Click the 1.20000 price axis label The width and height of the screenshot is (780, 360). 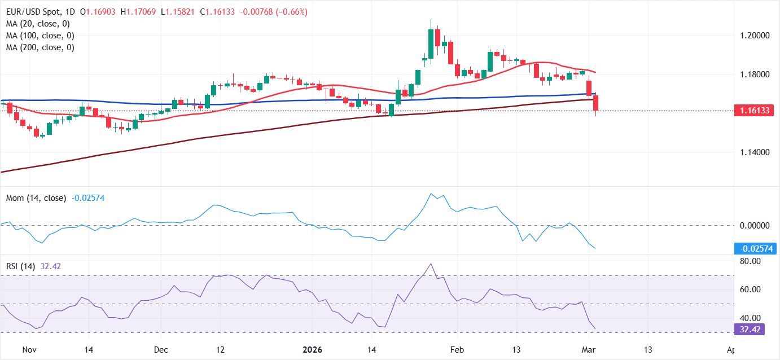coord(754,35)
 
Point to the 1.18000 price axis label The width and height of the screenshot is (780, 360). coord(754,74)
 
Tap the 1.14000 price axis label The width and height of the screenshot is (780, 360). coord(754,152)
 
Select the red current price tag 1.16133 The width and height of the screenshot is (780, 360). coord(756,111)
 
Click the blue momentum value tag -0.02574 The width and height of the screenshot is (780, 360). coord(756,248)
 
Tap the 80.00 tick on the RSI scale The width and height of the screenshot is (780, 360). coord(750,261)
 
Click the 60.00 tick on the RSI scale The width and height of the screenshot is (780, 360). coord(750,289)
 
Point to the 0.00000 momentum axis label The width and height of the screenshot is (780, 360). coord(754,225)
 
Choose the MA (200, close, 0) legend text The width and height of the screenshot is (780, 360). coord(41,47)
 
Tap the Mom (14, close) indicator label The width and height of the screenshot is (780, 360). coord(36,198)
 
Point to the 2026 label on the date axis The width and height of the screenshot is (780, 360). coord(312,349)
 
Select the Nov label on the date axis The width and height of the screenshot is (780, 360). coord(30,349)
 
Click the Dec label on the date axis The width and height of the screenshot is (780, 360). coord(161,349)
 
